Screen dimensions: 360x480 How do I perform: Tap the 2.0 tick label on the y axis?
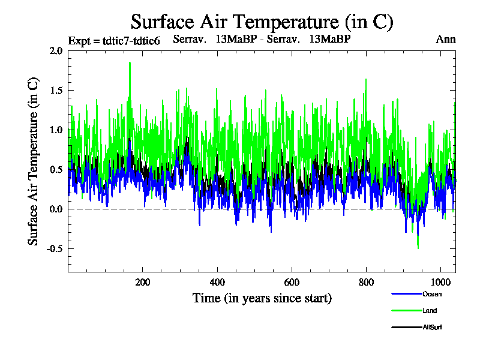coord(56,51)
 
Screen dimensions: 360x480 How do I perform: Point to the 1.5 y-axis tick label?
coord(56,91)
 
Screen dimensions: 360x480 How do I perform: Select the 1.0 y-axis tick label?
coord(56,130)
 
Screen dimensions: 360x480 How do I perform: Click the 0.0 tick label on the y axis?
coord(56,209)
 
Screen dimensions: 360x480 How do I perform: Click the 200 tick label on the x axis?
coord(142,283)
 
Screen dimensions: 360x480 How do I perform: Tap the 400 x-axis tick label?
coord(217,283)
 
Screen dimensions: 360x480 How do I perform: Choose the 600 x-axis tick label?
coord(292,283)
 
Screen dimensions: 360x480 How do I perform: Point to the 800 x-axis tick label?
coord(366,283)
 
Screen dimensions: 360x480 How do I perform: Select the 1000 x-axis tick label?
coord(440,283)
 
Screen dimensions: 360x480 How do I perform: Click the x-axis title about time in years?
coord(262,298)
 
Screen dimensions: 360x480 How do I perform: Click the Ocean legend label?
coord(432,294)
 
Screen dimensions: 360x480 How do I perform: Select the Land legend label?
coord(430,311)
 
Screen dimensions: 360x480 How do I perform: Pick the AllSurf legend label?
coord(433,328)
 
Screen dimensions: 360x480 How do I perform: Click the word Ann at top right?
coord(445,40)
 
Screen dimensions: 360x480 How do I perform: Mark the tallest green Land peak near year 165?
coord(129,63)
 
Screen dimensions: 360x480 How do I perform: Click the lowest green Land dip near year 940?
coord(418,247)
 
